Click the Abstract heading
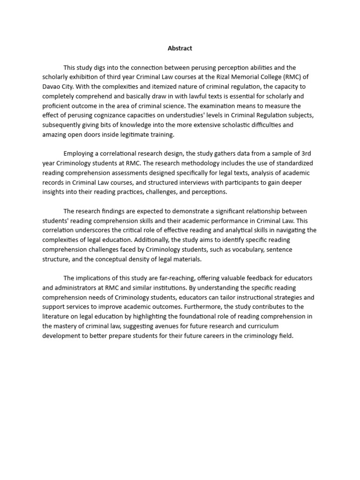click(x=180, y=48)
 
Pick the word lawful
click(x=174, y=97)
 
